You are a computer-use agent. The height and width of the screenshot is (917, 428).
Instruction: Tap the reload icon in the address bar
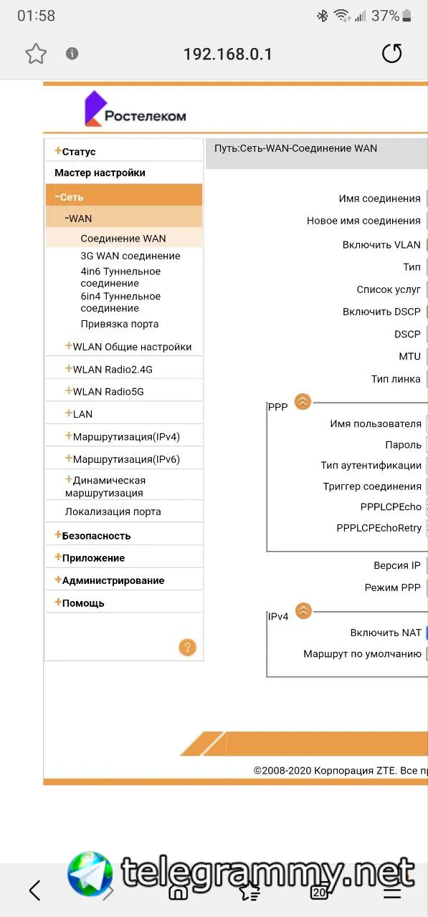tap(391, 53)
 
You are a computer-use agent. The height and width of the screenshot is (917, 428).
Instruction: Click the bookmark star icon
tap(36, 54)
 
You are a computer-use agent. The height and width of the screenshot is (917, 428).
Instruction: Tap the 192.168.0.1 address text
tap(228, 54)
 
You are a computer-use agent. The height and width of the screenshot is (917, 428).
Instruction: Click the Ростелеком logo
tap(135, 108)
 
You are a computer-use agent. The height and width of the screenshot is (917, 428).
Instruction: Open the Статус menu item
tap(75, 151)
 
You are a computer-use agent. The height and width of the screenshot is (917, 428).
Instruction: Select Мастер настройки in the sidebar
tap(100, 173)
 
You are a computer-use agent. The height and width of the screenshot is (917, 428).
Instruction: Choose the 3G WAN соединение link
tap(130, 256)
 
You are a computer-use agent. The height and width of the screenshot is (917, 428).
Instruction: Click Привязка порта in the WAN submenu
tap(120, 324)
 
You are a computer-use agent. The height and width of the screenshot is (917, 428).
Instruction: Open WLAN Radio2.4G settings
tap(109, 369)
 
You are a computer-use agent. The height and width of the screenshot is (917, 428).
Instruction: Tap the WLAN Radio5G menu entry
tap(105, 391)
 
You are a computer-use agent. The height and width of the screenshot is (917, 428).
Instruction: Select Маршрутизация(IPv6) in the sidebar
tap(123, 459)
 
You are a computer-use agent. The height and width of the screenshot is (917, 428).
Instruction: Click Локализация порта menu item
tap(113, 512)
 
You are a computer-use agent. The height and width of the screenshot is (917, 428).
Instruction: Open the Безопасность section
tap(93, 535)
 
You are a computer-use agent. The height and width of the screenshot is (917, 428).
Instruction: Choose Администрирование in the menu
tap(110, 580)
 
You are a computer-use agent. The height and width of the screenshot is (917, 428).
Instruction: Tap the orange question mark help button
tap(188, 647)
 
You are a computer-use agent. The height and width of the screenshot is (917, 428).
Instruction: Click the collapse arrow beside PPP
tap(303, 402)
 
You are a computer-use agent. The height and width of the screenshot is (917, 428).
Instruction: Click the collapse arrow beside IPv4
tap(303, 611)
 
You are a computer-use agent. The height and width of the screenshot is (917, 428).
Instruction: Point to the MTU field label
tap(409, 356)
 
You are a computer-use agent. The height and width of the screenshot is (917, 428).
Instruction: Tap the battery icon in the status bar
tap(406, 16)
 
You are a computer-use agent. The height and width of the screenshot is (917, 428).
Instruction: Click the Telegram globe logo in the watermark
tap(90, 874)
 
